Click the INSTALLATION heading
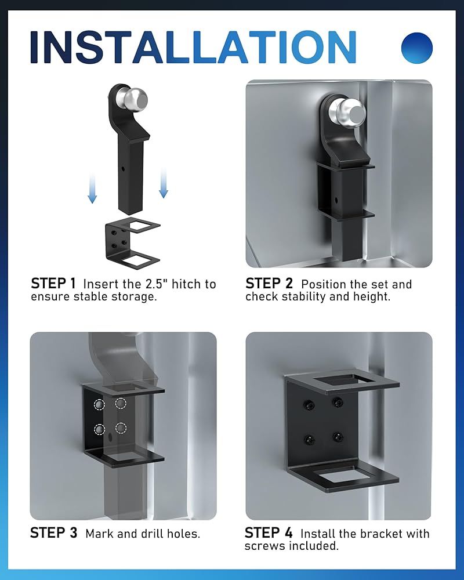click(193, 48)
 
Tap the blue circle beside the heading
click(416, 48)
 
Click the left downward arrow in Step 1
click(92, 188)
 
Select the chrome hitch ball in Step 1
click(135, 99)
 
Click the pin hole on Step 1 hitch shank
click(124, 168)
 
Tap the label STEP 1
click(53, 284)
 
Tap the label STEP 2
click(269, 284)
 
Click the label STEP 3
click(54, 533)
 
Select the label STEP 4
click(269, 533)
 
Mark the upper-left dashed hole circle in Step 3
click(99, 405)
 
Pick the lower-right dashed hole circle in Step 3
click(121, 429)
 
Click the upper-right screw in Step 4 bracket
click(337, 402)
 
